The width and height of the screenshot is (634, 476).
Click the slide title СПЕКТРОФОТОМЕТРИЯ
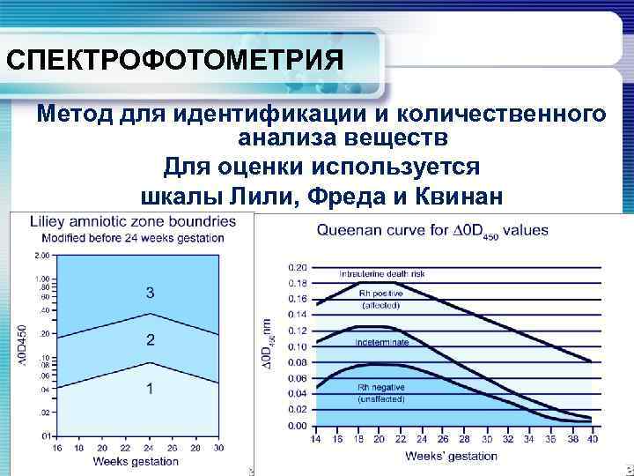tap(174, 61)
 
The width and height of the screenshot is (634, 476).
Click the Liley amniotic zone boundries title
tap(133, 222)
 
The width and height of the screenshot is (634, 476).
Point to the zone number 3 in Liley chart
tap(151, 292)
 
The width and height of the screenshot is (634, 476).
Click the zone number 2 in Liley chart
tap(151, 339)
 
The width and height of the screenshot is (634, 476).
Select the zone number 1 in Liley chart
tap(151, 389)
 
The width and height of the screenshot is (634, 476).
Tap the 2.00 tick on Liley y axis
tap(41, 256)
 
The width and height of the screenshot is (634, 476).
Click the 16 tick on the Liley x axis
tap(56, 447)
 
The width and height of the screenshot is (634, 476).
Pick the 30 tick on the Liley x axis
tap(218, 447)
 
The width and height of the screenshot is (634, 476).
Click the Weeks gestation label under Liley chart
tap(135, 461)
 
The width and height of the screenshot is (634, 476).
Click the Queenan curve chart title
tap(431, 231)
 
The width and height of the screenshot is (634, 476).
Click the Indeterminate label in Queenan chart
tap(381, 340)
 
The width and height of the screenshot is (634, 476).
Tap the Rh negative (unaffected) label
tap(381, 393)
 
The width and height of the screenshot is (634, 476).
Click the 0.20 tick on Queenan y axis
tap(299, 267)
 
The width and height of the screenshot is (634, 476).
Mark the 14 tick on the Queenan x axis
tap(316, 439)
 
